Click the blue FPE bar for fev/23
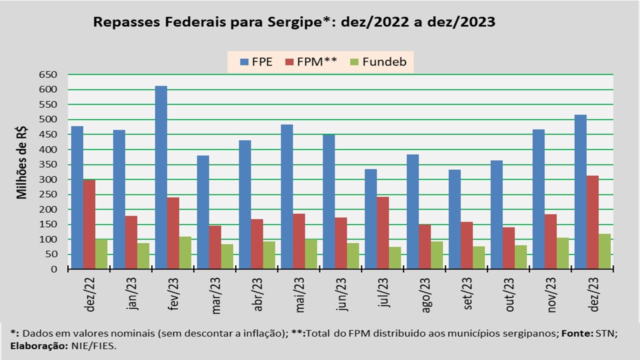(x=160, y=177)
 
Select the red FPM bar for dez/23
(x=592, y=222)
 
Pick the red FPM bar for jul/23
(x=382, y=233)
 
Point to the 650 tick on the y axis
(x=48, y=74)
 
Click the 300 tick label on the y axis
(x=48, y=179)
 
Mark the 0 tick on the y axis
(x=54, y=269)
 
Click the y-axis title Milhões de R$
(x=22, y=162)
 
